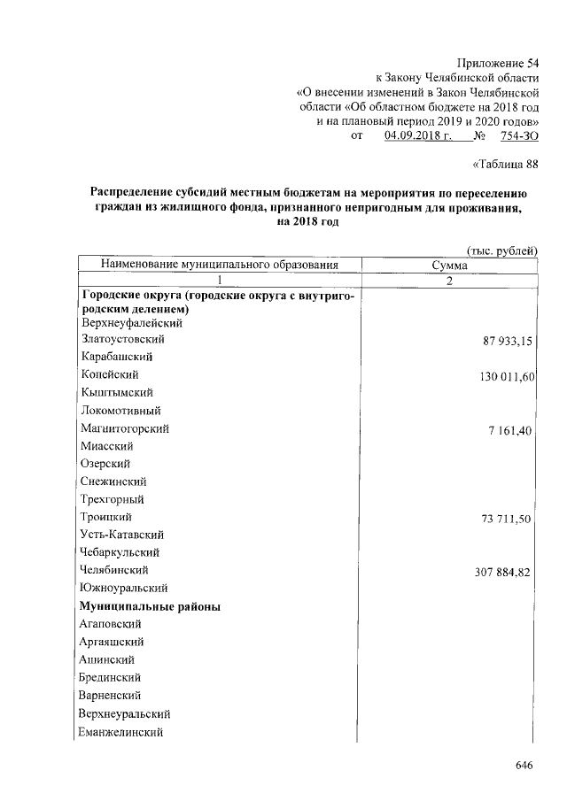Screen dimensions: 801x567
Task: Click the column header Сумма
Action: [x=449, y=265]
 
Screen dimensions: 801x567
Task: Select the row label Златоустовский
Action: [x=121, y=339]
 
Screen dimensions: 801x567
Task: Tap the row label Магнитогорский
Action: [x=124, y=428]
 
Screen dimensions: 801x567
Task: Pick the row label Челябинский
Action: [x=113, y=570]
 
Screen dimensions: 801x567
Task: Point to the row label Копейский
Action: [x=110, y=374]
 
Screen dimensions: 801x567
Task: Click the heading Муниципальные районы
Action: [x=150, y=606]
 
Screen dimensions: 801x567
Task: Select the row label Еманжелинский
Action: [x=121, y=732]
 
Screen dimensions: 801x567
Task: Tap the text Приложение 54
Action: [x=497, y=61]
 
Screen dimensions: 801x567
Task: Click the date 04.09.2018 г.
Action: [x=418, y=135]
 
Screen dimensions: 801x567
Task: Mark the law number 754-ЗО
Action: [x=518, y=135]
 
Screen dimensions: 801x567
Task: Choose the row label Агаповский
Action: [x=111, y=624]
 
